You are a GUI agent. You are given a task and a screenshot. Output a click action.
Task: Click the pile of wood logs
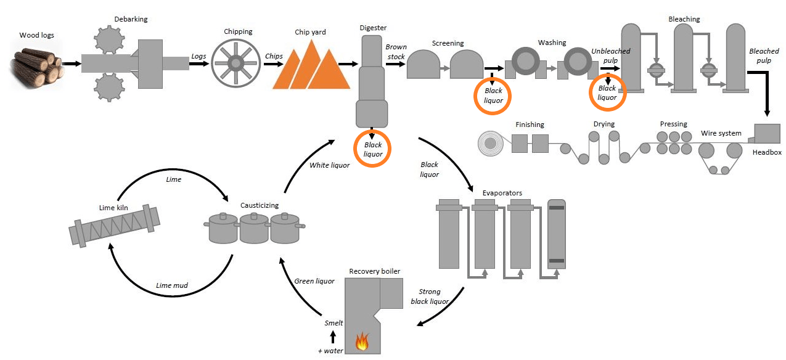[x=36, y=67]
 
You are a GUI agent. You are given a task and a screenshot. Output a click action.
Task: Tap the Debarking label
[x=131, y=19]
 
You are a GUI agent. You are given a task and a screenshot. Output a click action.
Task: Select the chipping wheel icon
[x=235, y=63]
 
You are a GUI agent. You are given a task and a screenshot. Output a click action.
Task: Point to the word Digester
[x=373, y=28]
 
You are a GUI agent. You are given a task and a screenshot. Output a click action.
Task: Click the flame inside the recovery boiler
[x=362, y=341]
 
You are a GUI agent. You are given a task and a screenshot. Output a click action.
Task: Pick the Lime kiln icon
[x=115, y=226]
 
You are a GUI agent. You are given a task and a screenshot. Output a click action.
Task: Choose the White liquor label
[x=329, y=165]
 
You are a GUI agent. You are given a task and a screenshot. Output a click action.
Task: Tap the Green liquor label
[x=314, y=281]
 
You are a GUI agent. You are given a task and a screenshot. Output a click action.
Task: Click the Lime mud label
[x=172, y=285]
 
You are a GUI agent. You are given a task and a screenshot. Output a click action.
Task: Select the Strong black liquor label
[x=430, y=297]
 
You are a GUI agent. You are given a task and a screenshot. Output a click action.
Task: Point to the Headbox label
[x=767, y=152]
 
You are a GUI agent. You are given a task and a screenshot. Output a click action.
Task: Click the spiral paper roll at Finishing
[x=491, y=143]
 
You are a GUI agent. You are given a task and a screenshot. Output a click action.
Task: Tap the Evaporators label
[x=502, y=193]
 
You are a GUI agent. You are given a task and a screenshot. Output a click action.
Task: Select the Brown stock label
[x=396, y=52]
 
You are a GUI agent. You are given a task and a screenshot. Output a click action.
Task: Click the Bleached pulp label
[x=764, y=56]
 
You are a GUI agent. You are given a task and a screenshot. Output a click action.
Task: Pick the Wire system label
[x=721, y=133]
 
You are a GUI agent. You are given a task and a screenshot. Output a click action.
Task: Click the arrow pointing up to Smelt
[x=333, y=337]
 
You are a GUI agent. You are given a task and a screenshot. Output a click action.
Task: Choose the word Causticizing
[x=260, y=205]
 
